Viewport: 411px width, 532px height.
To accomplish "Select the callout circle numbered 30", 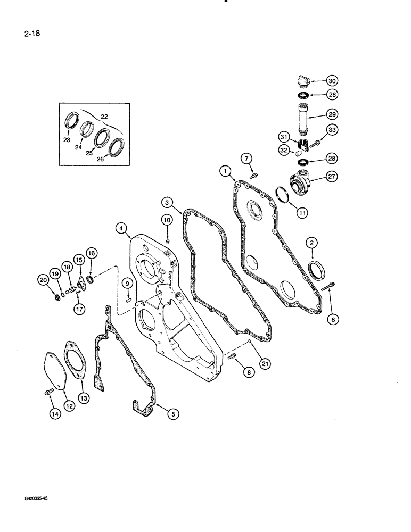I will [x=332, y=81].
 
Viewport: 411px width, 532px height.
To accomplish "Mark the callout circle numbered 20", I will [x=42, y=278].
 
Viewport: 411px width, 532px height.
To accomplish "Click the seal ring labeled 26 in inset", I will [x=116, y=146].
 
